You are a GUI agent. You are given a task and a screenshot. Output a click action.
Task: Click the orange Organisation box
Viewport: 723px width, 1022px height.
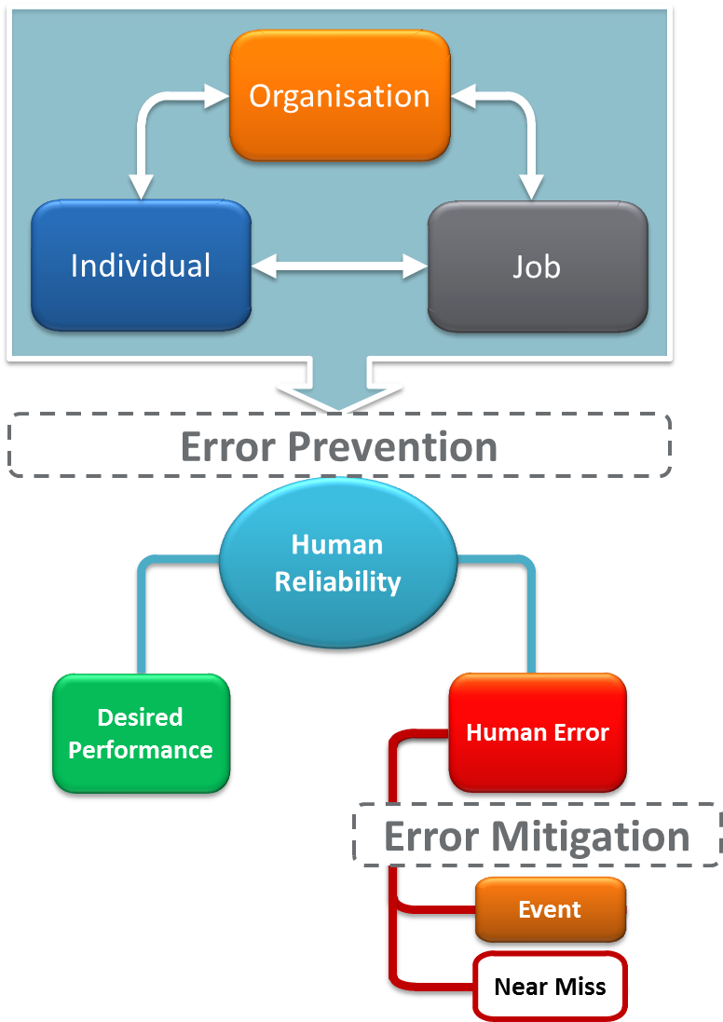pos(339,95)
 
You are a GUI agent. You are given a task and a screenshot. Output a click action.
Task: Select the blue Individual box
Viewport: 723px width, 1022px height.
pos(141,266)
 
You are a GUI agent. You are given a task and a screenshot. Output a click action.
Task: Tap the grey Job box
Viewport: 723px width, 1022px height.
pos(537,266)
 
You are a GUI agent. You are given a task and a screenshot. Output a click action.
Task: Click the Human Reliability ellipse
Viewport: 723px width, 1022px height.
pos(337,564)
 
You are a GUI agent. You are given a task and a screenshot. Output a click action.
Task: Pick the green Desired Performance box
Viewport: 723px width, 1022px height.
pos(141,733)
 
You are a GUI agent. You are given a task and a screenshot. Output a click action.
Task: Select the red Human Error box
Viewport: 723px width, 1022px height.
pos(538,732)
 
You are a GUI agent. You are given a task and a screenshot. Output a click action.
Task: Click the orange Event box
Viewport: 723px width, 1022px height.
pos(550,909)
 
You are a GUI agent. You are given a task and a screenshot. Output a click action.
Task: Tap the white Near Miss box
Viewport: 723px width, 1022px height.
pos(550,987)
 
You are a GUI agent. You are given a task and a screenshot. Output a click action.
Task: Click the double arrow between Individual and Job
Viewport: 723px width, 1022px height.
pos(339,266)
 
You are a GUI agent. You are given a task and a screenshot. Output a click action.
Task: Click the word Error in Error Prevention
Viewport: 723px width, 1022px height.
pos(228,447)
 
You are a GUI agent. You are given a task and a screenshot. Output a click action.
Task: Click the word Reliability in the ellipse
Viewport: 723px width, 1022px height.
pos(337,582)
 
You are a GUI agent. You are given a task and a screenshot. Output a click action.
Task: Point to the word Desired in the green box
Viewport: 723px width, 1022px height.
pos(140,717)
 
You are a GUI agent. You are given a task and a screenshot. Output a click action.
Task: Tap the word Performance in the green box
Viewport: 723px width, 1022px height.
pos(141,750)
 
